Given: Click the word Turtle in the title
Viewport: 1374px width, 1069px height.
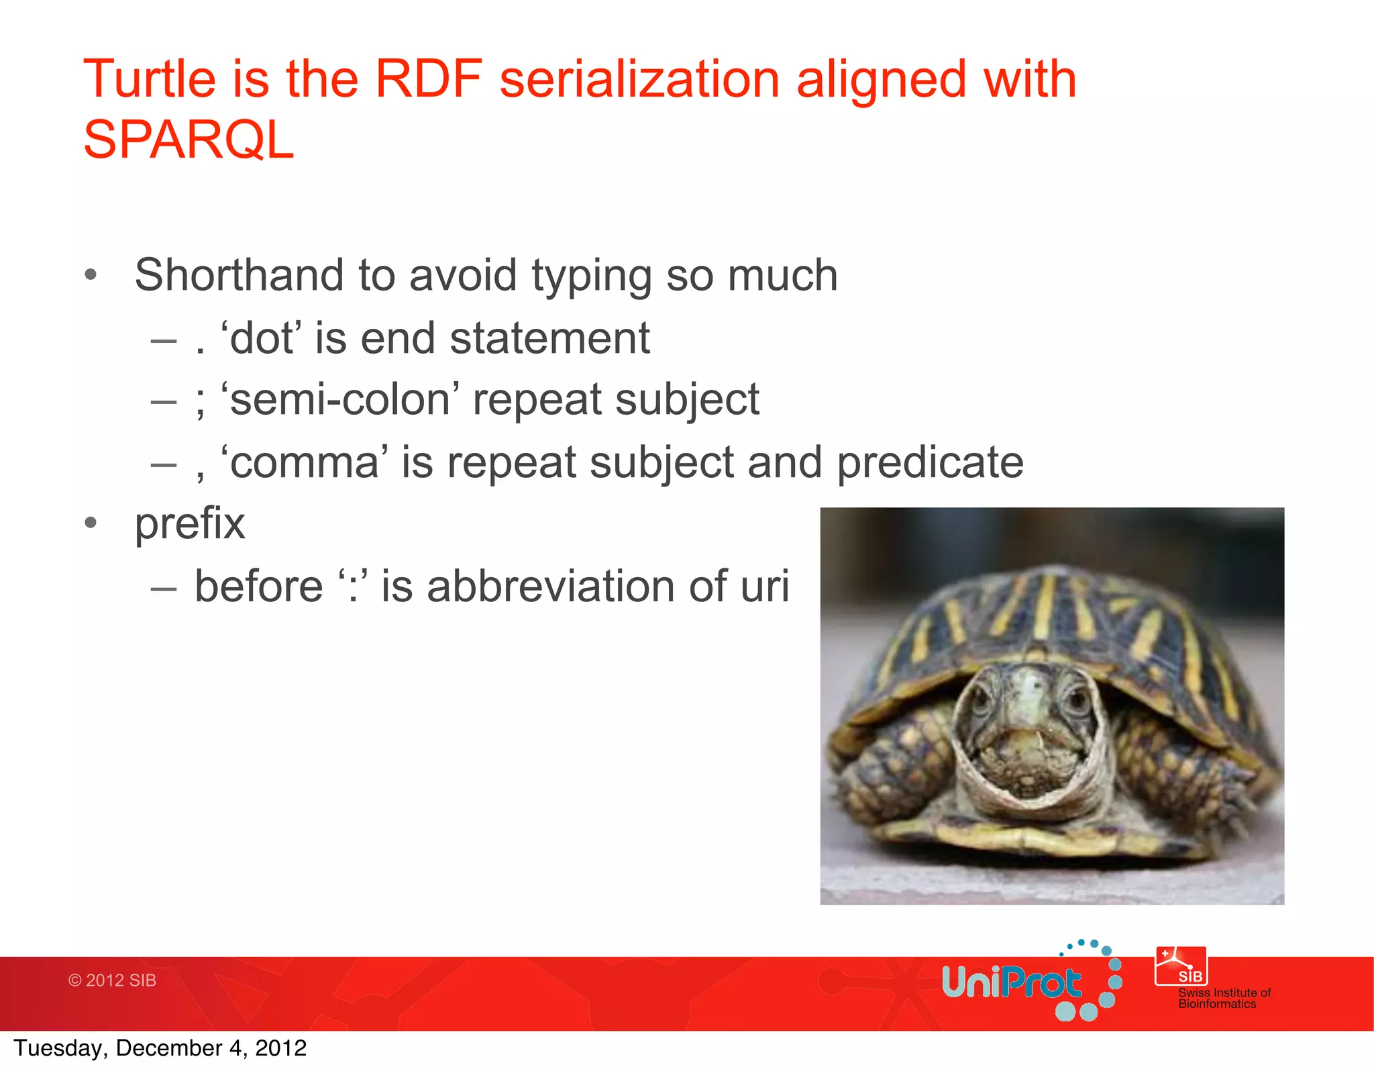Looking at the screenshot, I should pyautogui.click(x=149, y=79).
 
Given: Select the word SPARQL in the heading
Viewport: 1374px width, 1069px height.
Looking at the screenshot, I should pyautogui.click(x=189, y=140).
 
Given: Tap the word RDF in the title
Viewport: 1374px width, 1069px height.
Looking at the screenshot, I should pyautogui.click(x=428, y=79).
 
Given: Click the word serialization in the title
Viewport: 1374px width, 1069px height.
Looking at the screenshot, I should pyautogui.click(x=639, y=79).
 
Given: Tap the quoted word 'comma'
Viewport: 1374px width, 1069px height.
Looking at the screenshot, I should pyautogui.click(x=304, y=462).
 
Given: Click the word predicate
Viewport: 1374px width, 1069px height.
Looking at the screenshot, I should pyautogui.click(x=930, y=462).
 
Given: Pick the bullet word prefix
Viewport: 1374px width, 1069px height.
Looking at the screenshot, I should pyautogui.click(x=190, y=523).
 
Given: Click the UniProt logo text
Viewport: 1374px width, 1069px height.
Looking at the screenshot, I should pyautogui.click(x=1011, y=983).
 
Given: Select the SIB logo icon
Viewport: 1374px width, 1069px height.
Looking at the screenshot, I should pyautogui.click(x=1181, y=966).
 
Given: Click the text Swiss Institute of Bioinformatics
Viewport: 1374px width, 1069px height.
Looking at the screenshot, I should pyautogui.click(x=1224, y=999).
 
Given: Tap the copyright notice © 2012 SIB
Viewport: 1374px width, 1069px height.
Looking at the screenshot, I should pyautogui.click(x=112, y=980).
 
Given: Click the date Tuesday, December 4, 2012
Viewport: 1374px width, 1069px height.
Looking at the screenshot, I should pyautogui.click(x=160, y=1048).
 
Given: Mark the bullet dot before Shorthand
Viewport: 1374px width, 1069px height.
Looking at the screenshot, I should pyautogui.click(x=91, y=275).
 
